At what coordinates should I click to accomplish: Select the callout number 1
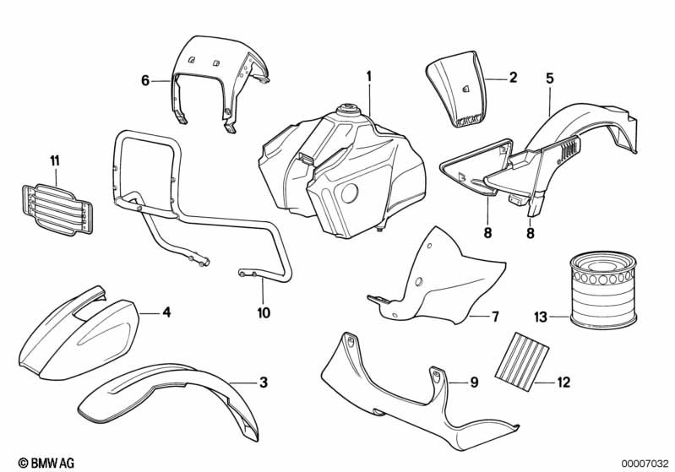[368, 78]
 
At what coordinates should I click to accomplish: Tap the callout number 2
[513, 78]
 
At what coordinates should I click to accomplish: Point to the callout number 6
[145, 80]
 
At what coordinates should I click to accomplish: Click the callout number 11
[55, 161]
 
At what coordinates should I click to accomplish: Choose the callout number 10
[264, 312]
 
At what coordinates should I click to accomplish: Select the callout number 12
[563, 382]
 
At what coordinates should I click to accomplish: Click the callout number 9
[474, 382]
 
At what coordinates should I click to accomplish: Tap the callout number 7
[495, 317]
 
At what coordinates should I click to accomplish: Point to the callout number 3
[264, 382]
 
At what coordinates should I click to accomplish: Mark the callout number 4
[166, 312]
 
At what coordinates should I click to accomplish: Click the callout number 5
[550, 79]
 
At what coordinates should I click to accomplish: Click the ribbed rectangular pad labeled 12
[522, 356]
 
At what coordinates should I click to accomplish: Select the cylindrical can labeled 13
[603, 288]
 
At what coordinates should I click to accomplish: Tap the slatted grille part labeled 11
[57, 210]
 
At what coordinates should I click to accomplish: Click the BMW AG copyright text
[46, 463]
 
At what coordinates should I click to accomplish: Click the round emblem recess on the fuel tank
[349, 193]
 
